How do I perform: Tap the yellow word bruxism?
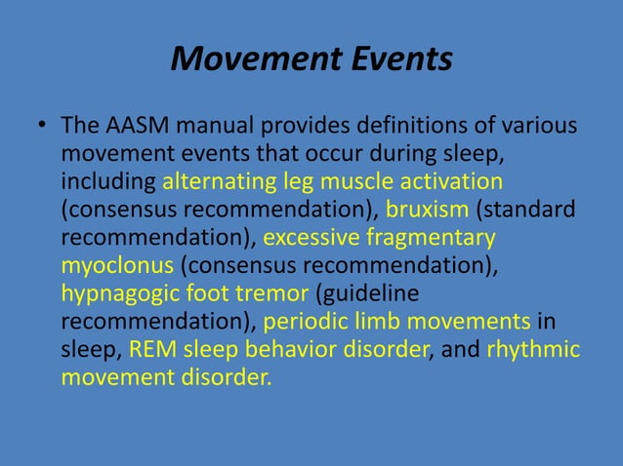[428, 210]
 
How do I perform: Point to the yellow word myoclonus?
[117, 265]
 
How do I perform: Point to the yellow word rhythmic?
[533, 349]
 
